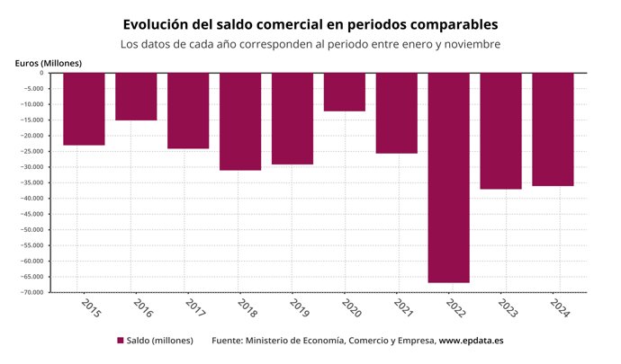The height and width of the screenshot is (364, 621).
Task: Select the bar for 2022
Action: coord(448,177)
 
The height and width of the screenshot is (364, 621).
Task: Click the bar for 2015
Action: coord(84,109)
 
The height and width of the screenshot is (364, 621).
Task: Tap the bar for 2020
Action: coord(344,92)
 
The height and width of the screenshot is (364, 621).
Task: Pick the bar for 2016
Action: coord(136,96)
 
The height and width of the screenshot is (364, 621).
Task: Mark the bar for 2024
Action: coord(553,129)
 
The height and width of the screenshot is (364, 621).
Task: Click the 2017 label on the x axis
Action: coord(195,307)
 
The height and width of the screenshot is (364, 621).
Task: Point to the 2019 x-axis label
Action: coord(300,307)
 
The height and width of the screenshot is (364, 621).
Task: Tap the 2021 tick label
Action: coord(404,307)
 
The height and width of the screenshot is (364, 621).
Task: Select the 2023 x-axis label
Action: coord(508,307)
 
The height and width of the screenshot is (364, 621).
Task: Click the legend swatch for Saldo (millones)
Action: coord(121,341)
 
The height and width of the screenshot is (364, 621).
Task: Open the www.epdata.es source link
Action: coord(471,341)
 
